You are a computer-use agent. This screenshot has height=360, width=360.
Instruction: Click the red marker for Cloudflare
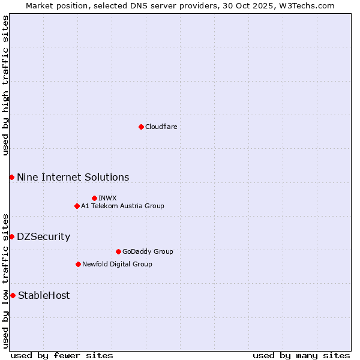[141, 127]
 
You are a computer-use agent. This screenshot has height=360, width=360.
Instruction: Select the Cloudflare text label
[161, 127]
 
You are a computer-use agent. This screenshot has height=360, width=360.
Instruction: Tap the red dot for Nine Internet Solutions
[11, 177]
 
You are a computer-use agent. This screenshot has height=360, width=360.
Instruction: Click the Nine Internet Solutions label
[73, 177]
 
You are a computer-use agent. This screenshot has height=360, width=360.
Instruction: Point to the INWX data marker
[94, 198]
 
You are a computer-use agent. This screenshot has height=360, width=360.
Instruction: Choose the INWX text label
[107, 198]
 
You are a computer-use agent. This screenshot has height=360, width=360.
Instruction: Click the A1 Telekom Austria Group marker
[77, 206]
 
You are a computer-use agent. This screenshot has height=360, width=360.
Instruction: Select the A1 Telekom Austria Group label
[122, 206]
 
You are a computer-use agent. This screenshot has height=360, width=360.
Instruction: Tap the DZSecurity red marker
[11, 236]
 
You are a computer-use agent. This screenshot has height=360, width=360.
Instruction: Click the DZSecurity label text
[43, 236]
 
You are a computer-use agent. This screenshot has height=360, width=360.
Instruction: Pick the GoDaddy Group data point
[118, 251]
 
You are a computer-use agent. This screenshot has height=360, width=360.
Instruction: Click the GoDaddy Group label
[148, 251]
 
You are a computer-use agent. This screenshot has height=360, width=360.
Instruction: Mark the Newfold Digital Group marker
[78, 264]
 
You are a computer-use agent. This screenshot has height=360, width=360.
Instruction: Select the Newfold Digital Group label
[117, 264]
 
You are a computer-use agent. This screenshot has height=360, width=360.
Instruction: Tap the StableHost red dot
[13, 295]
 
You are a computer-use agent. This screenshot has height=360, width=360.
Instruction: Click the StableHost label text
[44, 295]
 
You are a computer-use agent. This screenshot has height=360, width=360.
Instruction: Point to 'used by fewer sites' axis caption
[62, 355]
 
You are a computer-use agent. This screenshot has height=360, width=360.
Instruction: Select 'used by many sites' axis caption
[301, 355]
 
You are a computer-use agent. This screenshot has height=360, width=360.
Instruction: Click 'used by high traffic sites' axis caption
[5, 85]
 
